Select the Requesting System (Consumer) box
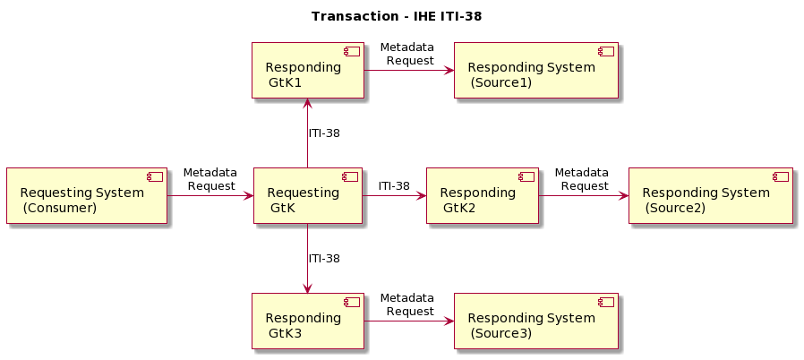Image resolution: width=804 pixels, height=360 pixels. [x=87, y=195]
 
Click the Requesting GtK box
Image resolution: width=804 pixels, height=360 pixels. [x=307, y=195]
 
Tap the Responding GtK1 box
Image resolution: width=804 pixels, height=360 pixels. [x=307, y=70]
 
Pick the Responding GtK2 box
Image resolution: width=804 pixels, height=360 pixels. [x=482, y=195]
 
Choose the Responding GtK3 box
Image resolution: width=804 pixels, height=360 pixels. [x=307, y=321]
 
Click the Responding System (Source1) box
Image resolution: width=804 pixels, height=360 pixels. [x=535, y=70]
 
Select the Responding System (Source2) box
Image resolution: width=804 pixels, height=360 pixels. [x=710, y=195]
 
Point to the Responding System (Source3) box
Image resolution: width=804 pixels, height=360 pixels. [x=535, y=321]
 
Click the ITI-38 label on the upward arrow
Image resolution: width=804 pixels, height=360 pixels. [x=324, y=133]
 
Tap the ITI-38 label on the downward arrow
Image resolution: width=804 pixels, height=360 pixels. [x=324, y=259]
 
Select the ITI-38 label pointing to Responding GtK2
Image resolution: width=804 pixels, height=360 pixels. [x=394, y=186]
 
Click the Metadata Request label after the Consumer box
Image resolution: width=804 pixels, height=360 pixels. [x=210, y=179]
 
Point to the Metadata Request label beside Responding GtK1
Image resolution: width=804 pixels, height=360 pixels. [x=407, y=54]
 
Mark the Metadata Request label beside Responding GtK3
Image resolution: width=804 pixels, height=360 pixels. [x=407, y=304]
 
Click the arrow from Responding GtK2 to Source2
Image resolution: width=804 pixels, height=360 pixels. [x=582, y=195]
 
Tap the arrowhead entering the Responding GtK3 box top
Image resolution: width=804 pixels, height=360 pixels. [x=307, y=287]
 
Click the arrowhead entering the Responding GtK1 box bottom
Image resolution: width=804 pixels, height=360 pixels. [x=307, y=103]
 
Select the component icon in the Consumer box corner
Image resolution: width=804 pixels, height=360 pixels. [x=155, y=176]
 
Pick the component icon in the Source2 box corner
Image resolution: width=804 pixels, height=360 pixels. [x=780, y=176]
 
